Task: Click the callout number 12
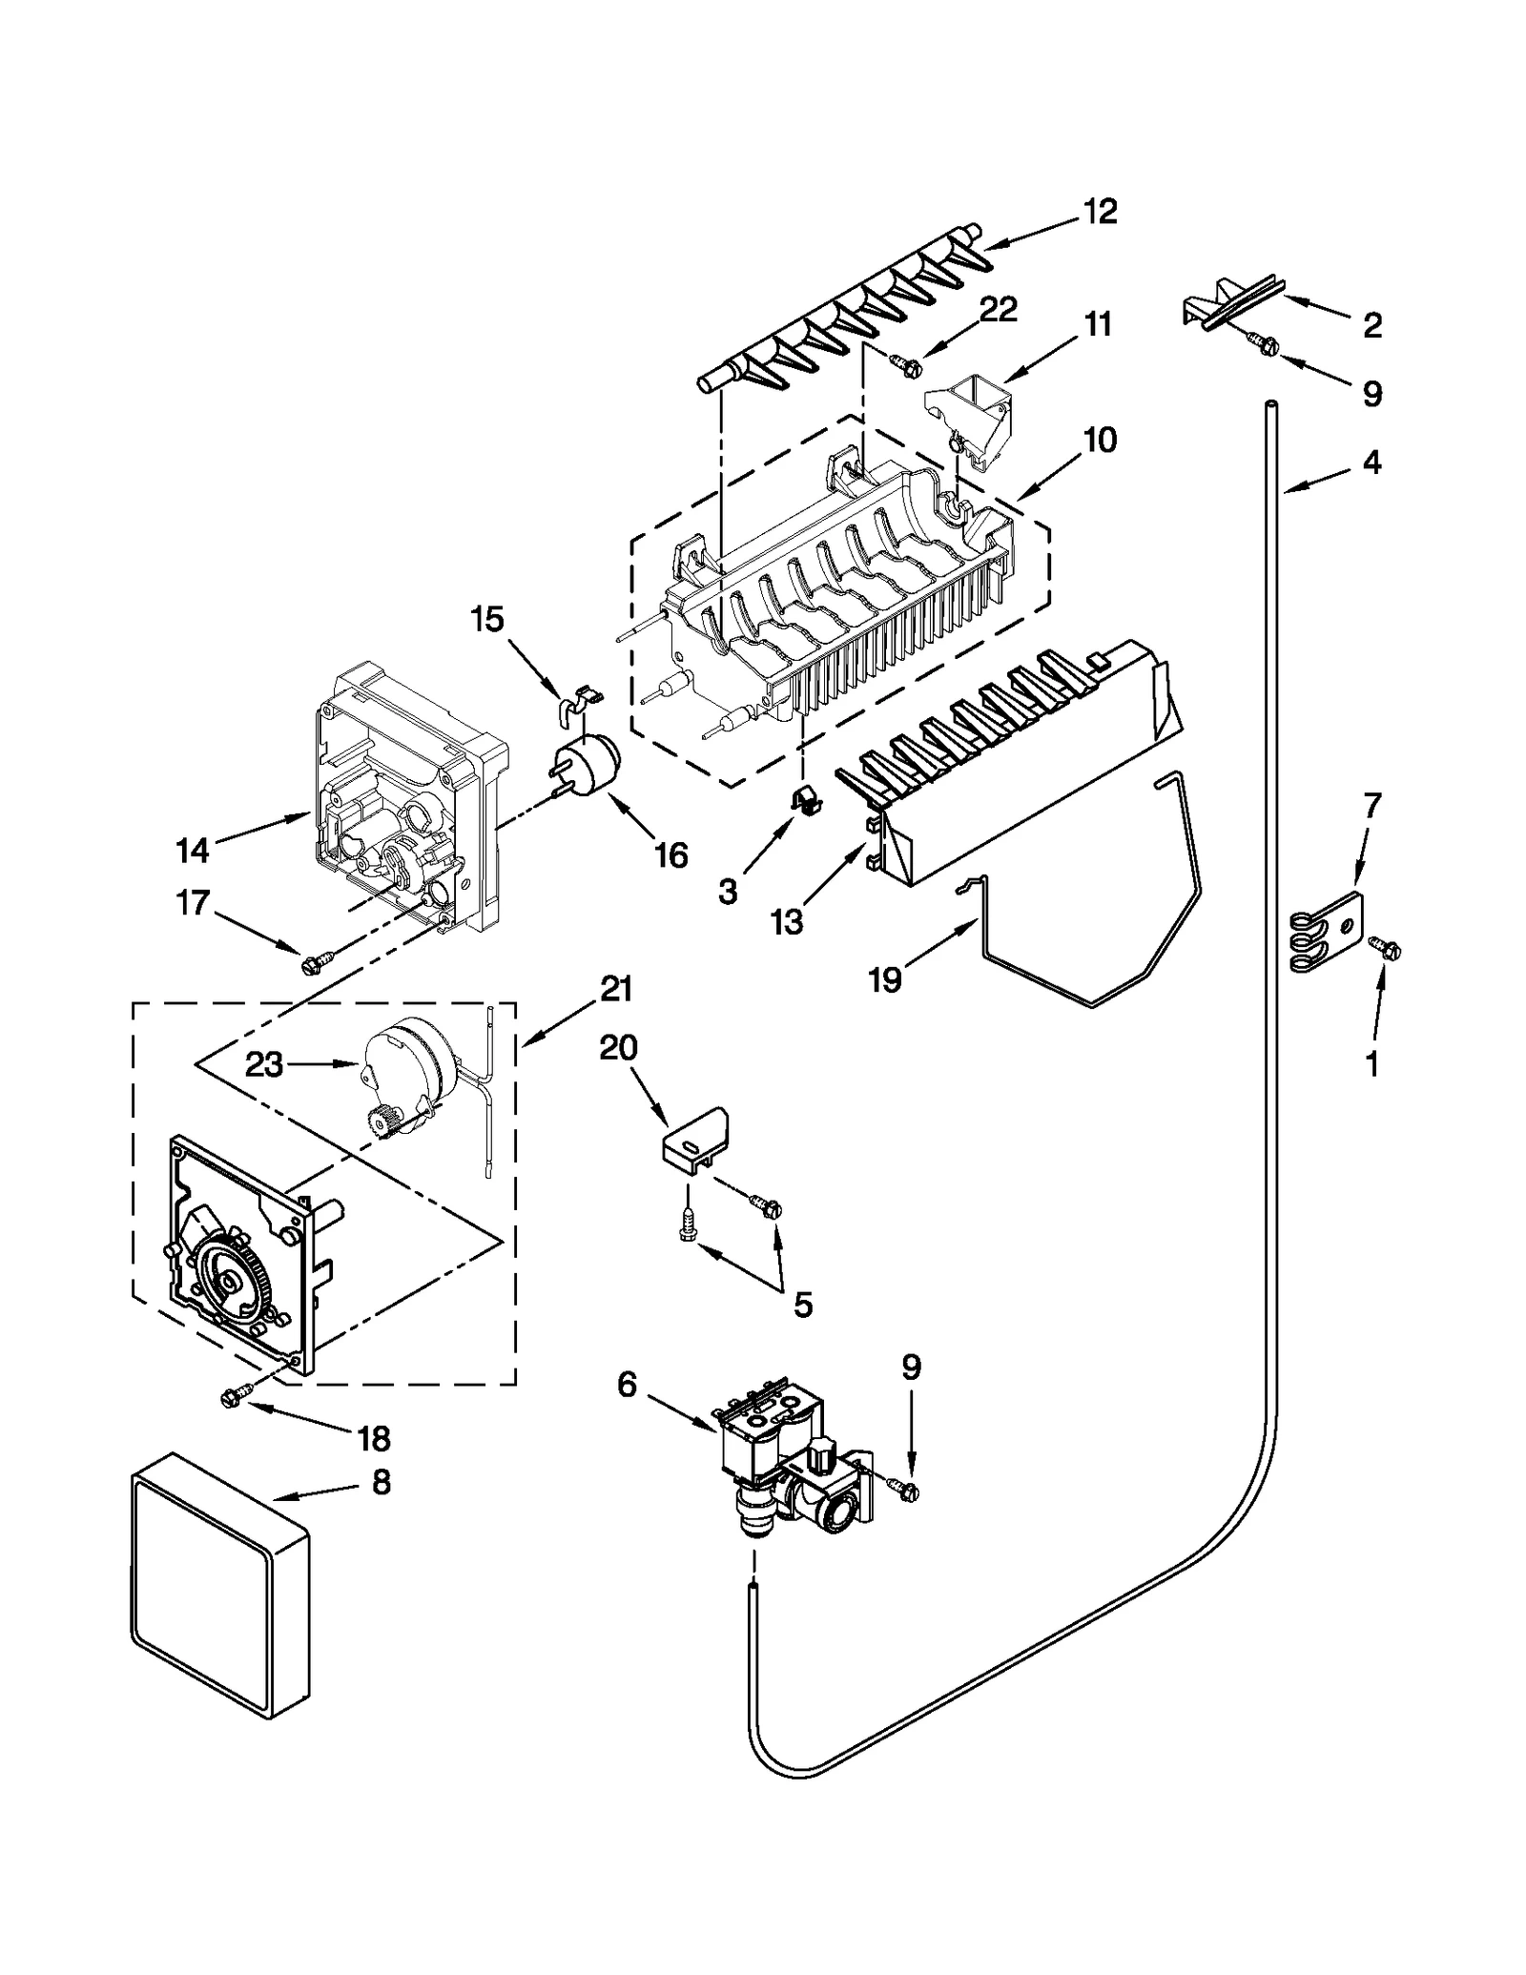(1100, 212)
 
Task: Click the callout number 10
(1099, 440)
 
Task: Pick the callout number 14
(193, 849)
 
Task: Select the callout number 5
(803, 1305)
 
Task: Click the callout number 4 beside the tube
(1371, 463)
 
